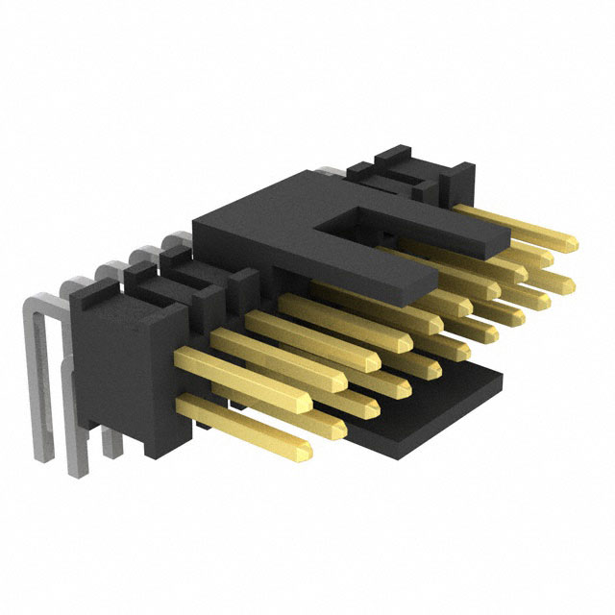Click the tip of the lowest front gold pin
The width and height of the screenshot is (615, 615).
click(306, 447)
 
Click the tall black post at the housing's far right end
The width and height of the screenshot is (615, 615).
click(461, 183)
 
